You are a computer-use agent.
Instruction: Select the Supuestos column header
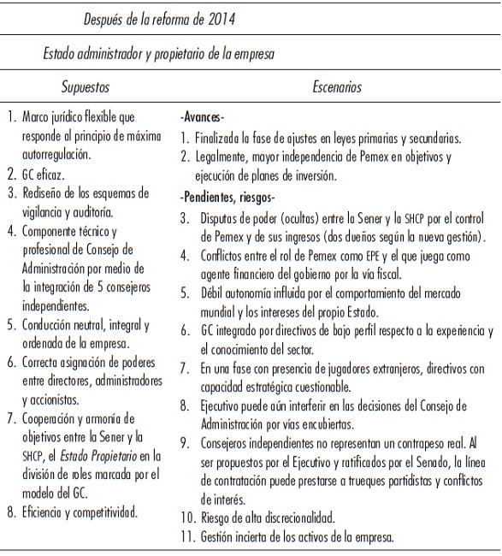click(x=85, y=86)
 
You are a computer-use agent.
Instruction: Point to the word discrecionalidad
click(x=292, y=518)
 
